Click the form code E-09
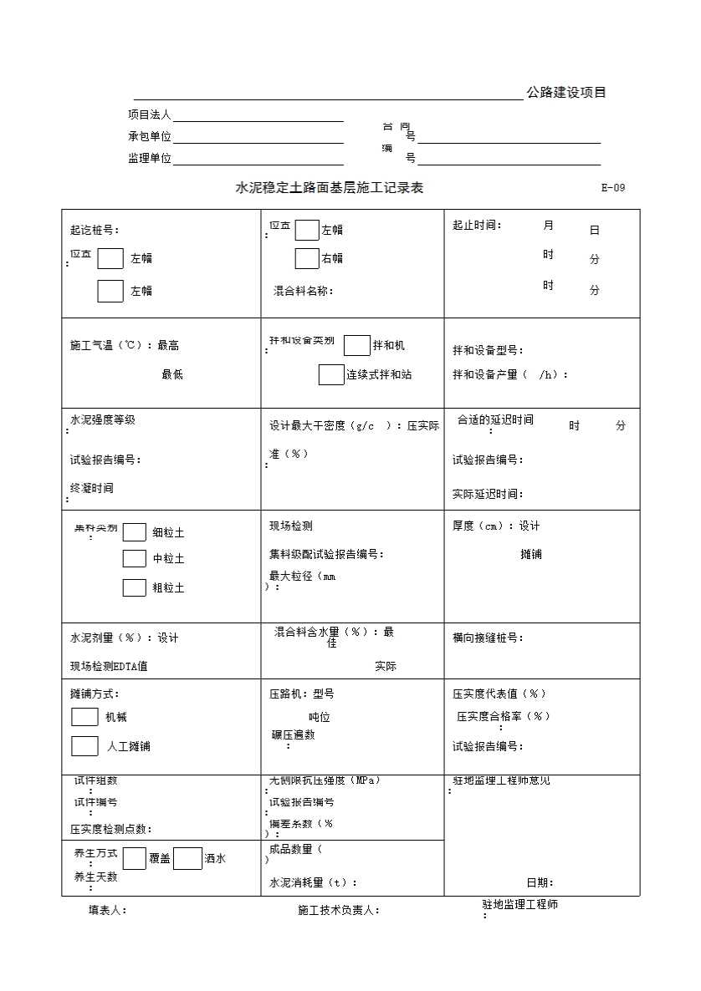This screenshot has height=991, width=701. pos(612,188)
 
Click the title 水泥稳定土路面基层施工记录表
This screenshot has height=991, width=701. pos(330,188)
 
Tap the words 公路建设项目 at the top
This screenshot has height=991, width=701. pos(566,93)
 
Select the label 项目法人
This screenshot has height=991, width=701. pos(149,114)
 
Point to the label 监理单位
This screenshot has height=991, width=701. pos(149,158)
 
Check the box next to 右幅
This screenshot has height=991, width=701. pos(307,259)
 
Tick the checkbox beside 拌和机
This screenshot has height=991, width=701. pos(357,345)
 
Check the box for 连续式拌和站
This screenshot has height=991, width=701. pos(331,374)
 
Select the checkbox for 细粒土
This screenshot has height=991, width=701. pos(135,532)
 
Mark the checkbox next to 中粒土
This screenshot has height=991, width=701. pos(135,558)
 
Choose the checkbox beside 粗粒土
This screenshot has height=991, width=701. pos(135,587)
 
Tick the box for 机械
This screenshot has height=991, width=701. pos(84,717)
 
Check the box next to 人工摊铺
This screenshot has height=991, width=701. pos(84,746)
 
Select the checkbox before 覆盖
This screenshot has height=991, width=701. pos(135,858)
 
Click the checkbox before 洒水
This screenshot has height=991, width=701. pos(187,858)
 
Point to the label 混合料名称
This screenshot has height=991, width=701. pos(304,291)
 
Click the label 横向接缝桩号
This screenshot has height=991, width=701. pos(488,638)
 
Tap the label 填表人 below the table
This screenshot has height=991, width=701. pos(108,910)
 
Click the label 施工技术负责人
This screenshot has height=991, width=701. pos(339,910)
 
